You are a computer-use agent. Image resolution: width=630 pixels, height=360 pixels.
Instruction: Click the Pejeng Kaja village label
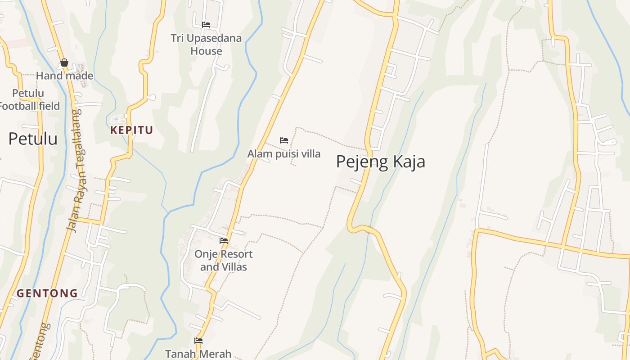pos(380,162)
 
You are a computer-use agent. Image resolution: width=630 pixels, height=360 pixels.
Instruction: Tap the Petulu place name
pos(33,139)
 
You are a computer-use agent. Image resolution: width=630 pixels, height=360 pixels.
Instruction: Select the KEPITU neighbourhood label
pos(132,130)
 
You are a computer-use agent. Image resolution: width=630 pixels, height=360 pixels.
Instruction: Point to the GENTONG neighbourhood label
pos(47,293)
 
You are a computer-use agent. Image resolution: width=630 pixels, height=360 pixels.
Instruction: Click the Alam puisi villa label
pos(284,154)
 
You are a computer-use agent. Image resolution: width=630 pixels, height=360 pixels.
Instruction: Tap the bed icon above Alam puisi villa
pos(284,140)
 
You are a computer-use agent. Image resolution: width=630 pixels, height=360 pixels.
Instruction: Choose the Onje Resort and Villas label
pos(224,261)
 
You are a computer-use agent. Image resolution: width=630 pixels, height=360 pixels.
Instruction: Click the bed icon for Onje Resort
pos(224,241)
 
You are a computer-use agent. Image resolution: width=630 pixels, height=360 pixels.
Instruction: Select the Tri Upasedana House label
pos(206,45)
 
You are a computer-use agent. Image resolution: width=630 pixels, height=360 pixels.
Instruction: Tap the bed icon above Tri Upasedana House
pos(206,25)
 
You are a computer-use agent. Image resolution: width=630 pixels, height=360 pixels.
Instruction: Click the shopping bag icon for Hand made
pos(64,63)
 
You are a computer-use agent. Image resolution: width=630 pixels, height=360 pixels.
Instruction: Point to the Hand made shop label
pos(64,76)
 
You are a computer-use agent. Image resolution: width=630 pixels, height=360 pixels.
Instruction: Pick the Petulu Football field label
pos(30,100)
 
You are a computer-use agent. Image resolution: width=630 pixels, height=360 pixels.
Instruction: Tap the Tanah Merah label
pos(198,354)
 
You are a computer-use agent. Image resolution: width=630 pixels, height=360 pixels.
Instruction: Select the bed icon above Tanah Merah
pos(198,341)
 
